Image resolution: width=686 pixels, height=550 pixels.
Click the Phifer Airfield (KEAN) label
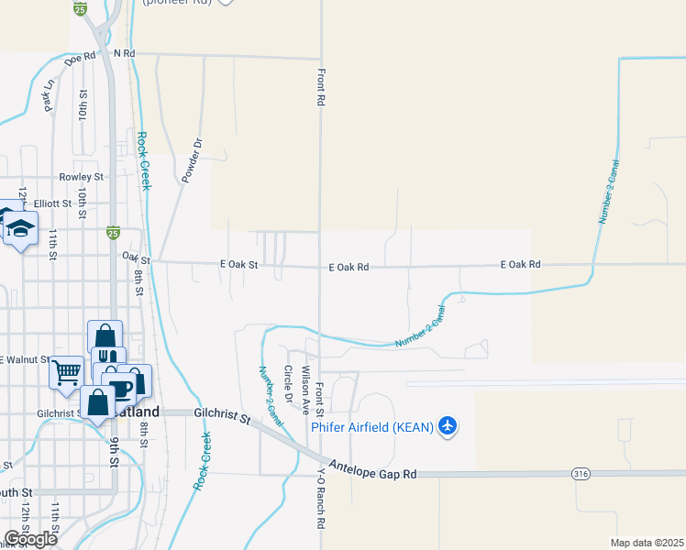pyautogui.click(x=372, y=427)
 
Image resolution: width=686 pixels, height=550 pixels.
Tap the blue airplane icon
pyautogui.click(x=448, y=426)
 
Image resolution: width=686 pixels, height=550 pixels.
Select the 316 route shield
pyautogui.click(x=580, y=474)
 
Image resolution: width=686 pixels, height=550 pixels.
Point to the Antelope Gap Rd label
pyautogui.click(x=373, y=470)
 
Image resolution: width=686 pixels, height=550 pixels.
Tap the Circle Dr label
pyautogui.click(x=288, y=385)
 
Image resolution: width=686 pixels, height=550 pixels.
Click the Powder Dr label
pyautogui.click(x=192, y=159)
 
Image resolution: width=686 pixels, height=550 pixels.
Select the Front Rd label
pyautogui.click(x=321, y=85)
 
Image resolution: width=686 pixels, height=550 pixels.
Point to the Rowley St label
pyautogui.click(x=82, y=176)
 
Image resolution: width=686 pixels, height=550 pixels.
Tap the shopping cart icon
pyautogui.click(x=66, y=372)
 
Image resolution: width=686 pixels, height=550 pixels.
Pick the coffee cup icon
pyautogui.click(x=122, y=387)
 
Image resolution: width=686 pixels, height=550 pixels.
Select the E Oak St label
pyautogui.click(x=240, y=264)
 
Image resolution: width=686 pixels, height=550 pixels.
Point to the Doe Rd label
pyautogui.click(x=82, y=57)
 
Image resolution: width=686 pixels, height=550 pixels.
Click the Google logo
pyautogui.click(x=30, y=538)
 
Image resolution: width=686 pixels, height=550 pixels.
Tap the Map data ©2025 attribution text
pyautogui.click(x=647, y=543)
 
